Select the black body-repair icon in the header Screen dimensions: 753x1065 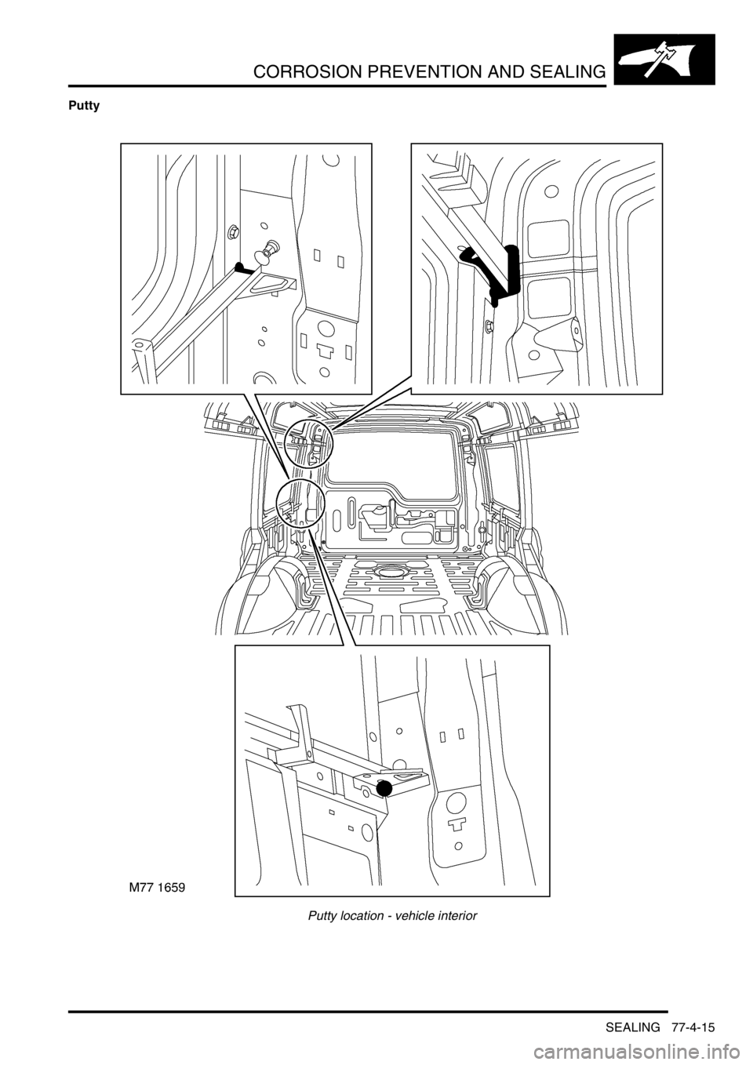click(664, 60)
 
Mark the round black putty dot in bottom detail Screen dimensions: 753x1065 click(384, 789)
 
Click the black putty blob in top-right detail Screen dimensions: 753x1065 click(499, 276)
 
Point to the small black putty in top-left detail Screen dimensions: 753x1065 click(246, 269)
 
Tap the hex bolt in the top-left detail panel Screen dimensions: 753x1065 click(234, 231)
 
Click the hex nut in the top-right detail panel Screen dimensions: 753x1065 click(489, 325)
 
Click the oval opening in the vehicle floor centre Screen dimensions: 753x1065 click(388, 571)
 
